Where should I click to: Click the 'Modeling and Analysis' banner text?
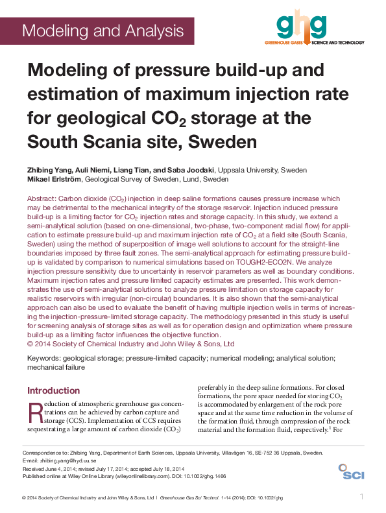tap(103, 30)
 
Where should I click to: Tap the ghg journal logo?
tap(300, 26)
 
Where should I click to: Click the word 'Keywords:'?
tap(46, 358)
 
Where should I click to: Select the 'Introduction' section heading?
tap(53, 390)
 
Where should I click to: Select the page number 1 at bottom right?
tap(361, 497)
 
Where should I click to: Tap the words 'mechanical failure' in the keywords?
tap(56, 367)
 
